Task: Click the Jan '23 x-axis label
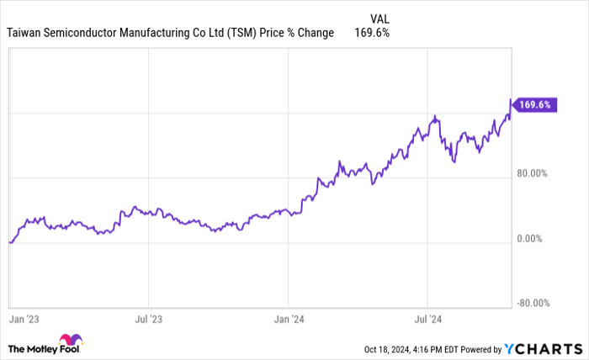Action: point(24,320)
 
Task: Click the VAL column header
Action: point(380,18)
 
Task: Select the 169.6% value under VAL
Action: point(373,33)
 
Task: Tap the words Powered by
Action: point(479,348)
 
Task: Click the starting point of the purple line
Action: point(9,242)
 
